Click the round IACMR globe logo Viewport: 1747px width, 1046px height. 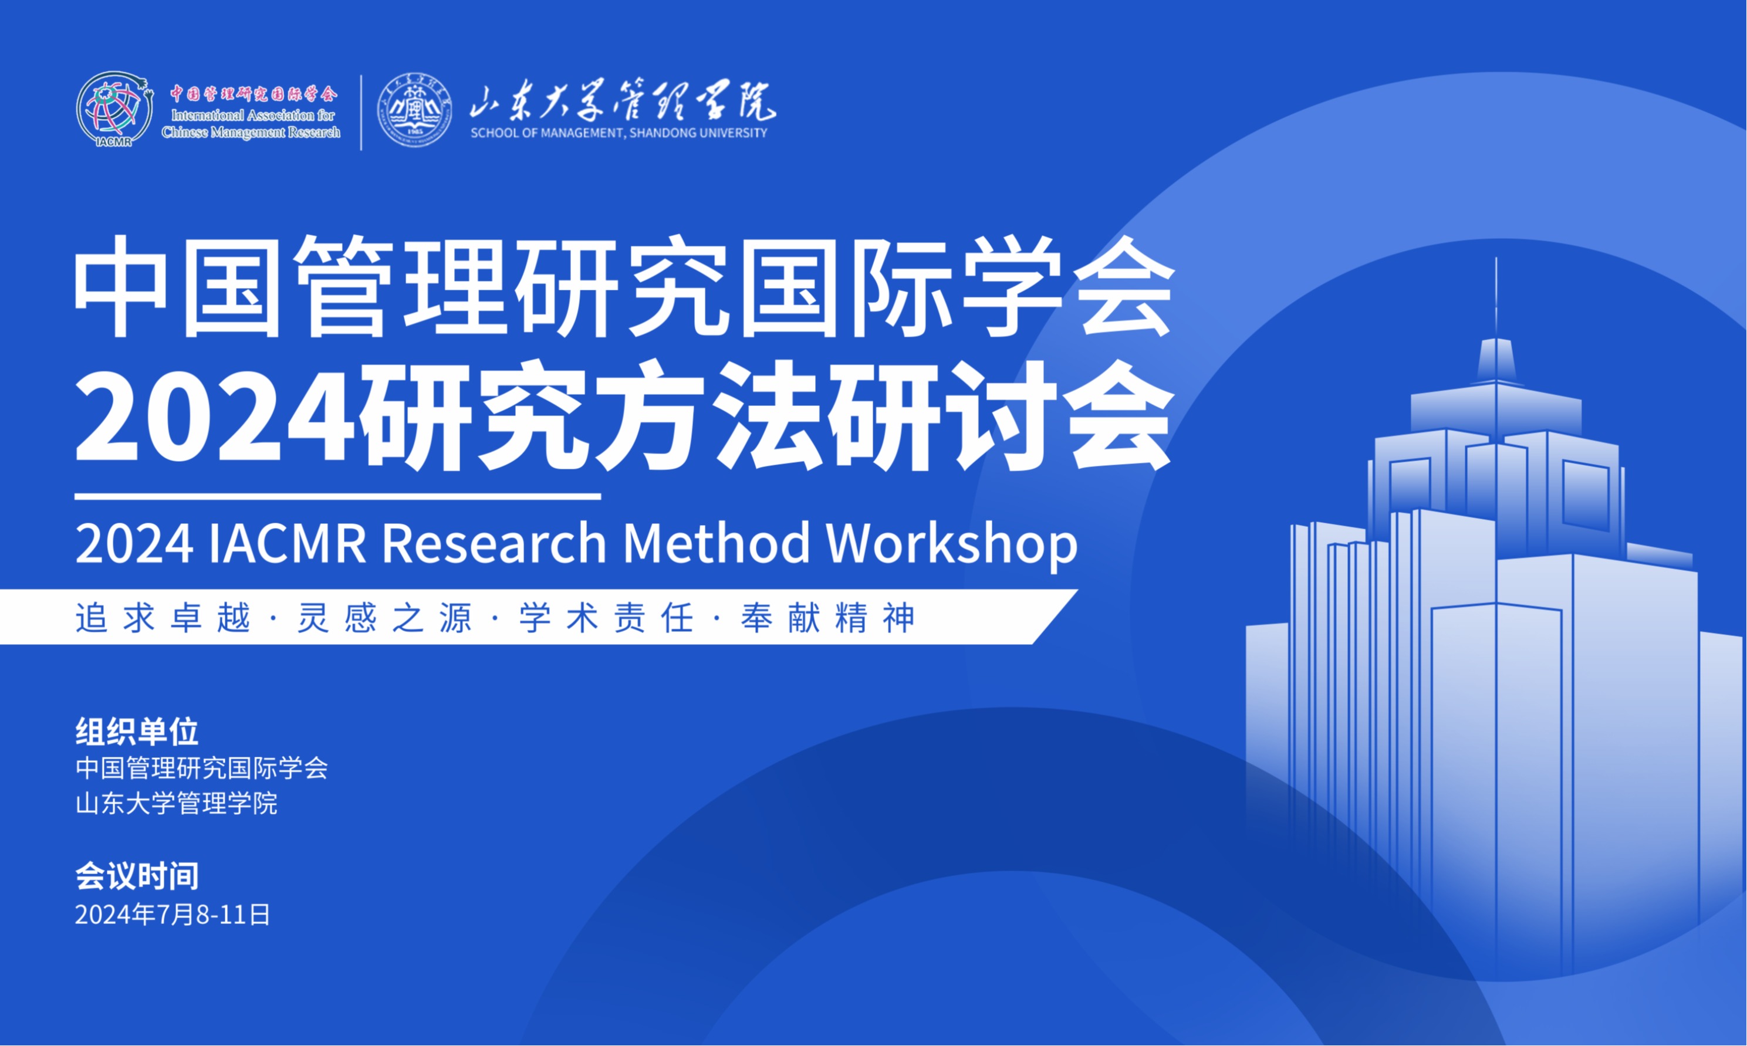click(x=115, y=110)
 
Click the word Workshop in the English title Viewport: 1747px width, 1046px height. click(x=952, y=545)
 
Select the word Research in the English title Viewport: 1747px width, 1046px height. click(x=494, y=544)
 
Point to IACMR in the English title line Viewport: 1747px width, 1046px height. click(x=288, y=544)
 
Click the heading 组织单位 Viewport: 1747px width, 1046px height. click(x=137, y=732)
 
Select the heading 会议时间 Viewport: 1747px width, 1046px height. click(x=137, y=876)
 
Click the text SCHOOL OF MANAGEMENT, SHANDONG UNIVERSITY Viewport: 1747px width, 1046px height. click(x=619, y=133)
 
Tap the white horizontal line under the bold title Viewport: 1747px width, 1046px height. click(x=337, y=497)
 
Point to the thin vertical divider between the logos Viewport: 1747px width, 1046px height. click(x=361, y=113)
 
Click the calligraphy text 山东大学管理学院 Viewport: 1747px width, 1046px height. click(x=623, y=101)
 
